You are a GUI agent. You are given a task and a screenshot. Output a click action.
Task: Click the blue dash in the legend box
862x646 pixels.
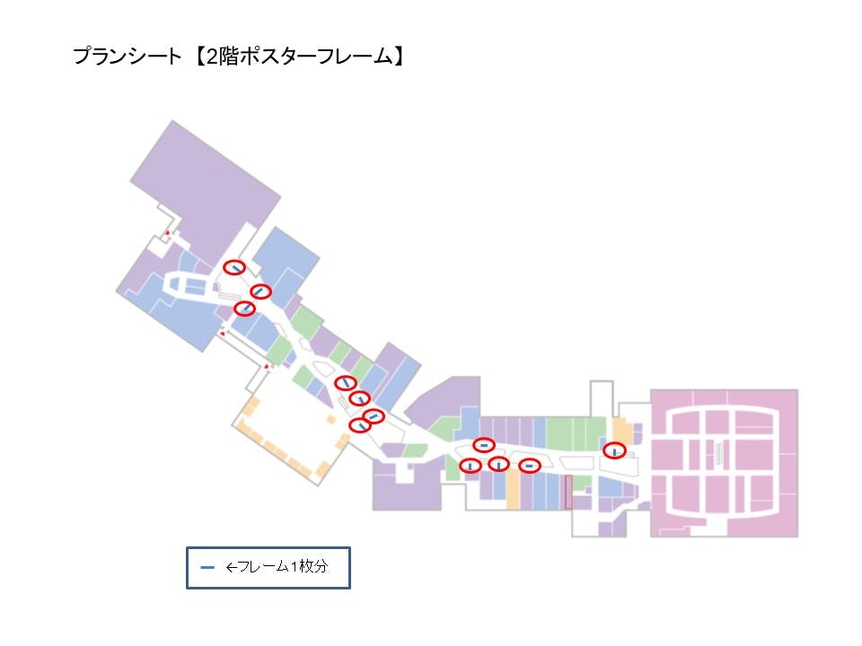click(207, 567)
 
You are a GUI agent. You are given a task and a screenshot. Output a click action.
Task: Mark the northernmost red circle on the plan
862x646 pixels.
click(234, 266)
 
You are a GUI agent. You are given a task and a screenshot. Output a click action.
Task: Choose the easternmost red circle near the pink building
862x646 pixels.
click(614, 450)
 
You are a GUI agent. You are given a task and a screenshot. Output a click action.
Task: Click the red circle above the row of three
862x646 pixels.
click(484, 444)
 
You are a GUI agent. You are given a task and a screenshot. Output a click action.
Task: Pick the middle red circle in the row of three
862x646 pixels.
click(499, 464)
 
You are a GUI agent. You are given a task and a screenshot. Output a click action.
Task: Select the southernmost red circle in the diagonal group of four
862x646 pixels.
click(360, 425)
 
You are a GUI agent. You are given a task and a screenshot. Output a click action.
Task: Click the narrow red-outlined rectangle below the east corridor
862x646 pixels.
click(568, 493)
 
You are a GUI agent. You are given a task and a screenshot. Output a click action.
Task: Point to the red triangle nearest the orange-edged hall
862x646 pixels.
click(267, 366)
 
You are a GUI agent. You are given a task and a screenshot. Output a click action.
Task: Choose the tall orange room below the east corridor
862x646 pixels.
click(514, 490)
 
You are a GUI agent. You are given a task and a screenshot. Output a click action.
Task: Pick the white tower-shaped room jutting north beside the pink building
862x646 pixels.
click(601, 399)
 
